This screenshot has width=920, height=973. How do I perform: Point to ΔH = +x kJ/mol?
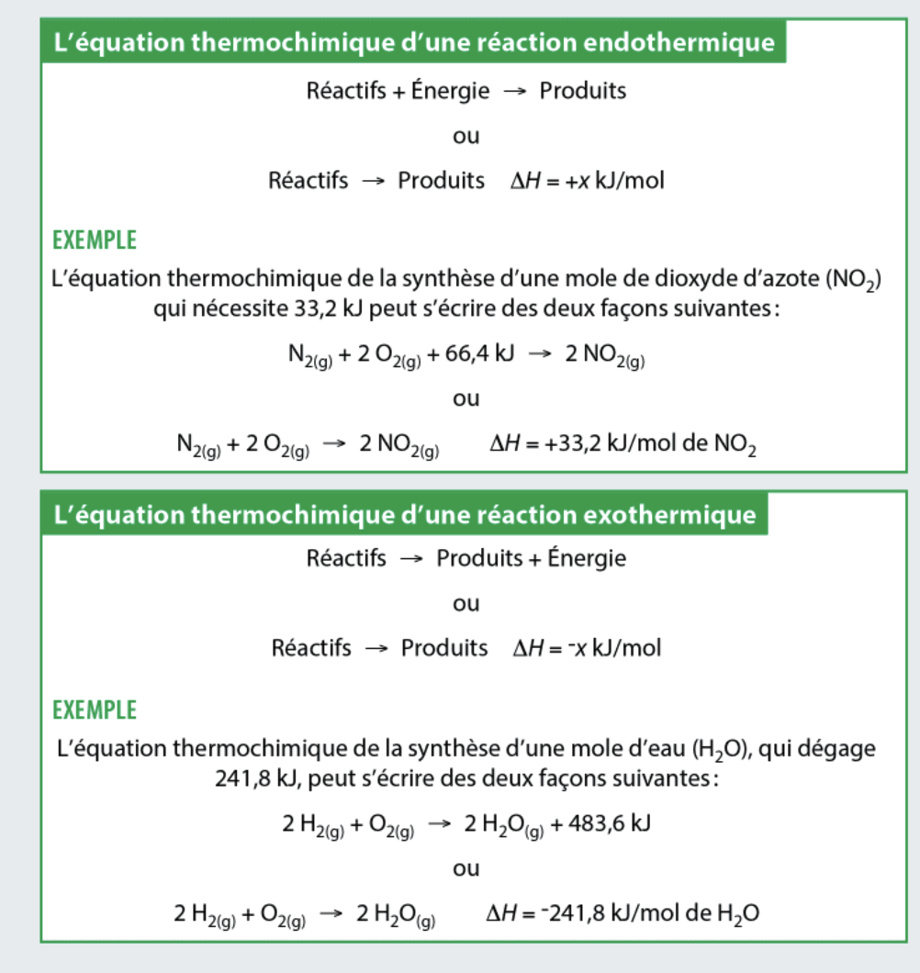588,181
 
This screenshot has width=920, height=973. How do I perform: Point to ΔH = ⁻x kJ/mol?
588,649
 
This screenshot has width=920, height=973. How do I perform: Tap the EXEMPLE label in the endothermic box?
95,240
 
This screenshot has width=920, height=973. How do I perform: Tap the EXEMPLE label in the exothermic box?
95,710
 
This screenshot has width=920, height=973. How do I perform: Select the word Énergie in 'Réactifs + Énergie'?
454,92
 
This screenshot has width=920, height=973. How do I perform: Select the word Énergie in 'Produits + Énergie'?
587,559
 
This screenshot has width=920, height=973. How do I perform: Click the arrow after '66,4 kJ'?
540,355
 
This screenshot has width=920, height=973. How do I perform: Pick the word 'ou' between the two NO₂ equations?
466,399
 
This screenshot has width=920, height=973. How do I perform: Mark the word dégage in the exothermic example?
838,749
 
